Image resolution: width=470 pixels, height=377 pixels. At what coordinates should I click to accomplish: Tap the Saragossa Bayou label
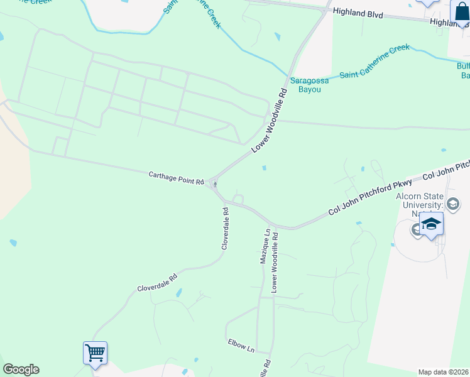point(305,85)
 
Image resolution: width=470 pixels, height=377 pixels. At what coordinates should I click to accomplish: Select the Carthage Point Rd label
point(177,178)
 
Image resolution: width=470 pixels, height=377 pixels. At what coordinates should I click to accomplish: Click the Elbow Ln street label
point(241,344)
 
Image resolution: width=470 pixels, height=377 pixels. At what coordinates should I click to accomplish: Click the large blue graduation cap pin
point(432,224)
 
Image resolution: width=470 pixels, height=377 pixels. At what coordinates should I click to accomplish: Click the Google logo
point(21,369)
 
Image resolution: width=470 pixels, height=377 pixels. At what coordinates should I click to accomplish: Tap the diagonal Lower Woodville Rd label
point(269,121)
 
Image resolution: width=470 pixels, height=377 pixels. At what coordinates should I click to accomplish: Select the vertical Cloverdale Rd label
point(225,229)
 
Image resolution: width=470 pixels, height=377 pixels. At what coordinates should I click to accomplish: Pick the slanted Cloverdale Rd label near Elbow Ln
point(157,282)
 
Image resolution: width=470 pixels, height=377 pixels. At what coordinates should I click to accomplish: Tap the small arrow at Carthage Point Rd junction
point(216,184)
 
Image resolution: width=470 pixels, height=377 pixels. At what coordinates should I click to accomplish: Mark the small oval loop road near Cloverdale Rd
point(238,200)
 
